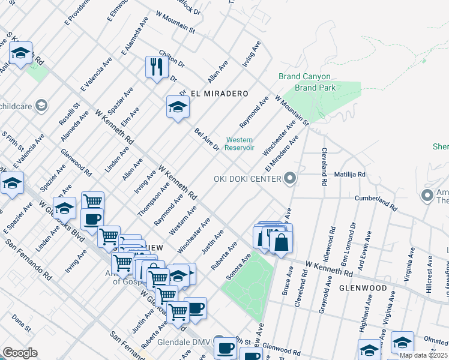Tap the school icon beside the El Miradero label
point(177,107)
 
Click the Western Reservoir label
point(240,144)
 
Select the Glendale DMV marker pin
point(218,340)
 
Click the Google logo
point(20,352)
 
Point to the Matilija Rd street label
point(350,175)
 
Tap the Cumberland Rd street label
point(376,202)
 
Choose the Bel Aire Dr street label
point(206,140)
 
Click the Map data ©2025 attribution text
point(423,355)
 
